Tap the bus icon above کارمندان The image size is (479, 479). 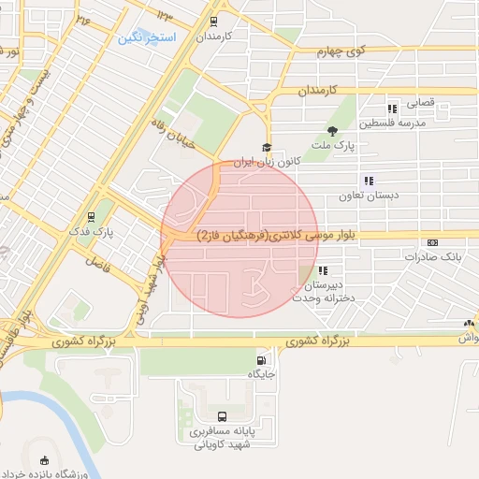(x=214, y=22)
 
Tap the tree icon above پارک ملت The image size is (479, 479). (x=333, y=131)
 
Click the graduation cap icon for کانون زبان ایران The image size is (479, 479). (x=267, y=147)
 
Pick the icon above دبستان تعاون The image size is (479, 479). (x=369, y=181)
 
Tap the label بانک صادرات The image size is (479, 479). (x=436, y=255)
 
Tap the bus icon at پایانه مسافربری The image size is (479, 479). (x=222, y=416)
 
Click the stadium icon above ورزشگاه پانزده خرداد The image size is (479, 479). (x=46, y=459)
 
